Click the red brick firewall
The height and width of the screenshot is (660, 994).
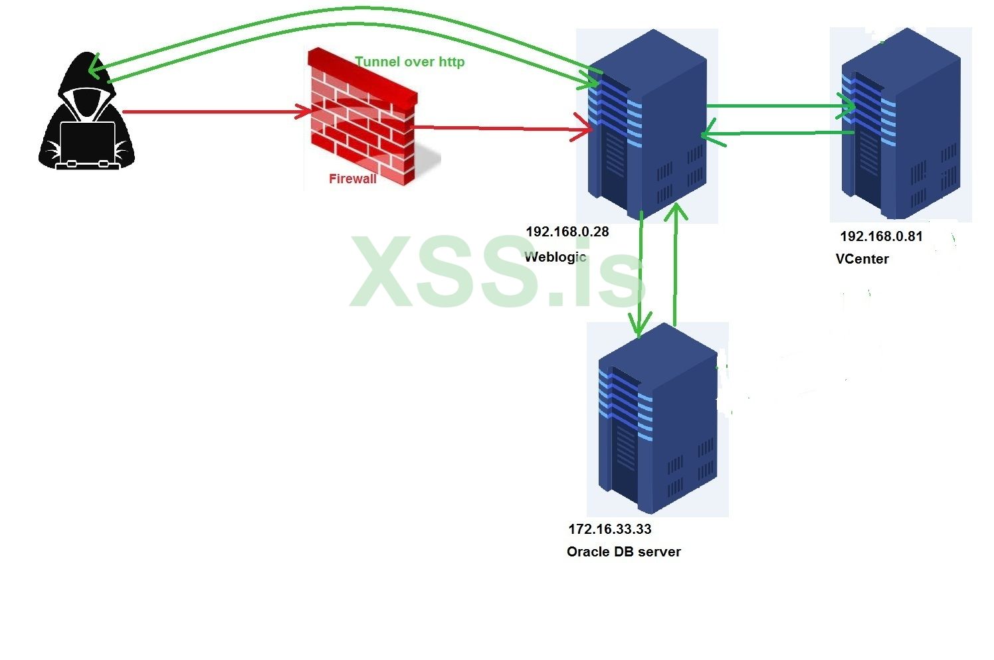[362, 120]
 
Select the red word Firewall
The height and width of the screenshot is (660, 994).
[353, 179]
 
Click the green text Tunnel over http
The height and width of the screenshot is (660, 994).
[409, 62]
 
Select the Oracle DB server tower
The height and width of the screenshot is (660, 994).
[657, 418]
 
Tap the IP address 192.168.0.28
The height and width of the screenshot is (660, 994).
[567, 232]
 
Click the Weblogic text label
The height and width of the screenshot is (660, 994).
[555, 257]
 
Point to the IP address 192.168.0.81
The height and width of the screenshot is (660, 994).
[881, 236]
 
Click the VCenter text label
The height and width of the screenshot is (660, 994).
[862, 259]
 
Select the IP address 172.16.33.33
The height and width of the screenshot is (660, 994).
[610, 529]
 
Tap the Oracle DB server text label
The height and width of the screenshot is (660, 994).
[624, 552]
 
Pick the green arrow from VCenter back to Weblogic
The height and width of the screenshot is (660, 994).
[777, 134]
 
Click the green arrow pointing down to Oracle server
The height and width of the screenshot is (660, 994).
[641, 272]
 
